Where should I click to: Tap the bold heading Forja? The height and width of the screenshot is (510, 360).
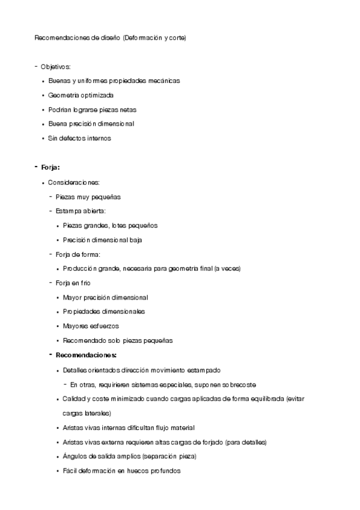(x=50, y=167)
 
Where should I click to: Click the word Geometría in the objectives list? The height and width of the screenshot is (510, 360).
(x=64, y=95)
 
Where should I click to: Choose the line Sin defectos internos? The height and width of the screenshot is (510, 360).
(x=79, y=138)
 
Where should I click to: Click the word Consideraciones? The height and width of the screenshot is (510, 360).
(x=74, y=182)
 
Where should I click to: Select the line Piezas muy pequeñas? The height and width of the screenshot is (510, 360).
(x=88, y=197)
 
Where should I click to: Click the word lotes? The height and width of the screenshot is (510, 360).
(x=120, y=226)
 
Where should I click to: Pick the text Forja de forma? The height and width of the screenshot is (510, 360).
(x=78, y=254)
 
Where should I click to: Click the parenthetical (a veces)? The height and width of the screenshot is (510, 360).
(x=228, y=269)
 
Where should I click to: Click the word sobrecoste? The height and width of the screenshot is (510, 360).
(x=240, y=384)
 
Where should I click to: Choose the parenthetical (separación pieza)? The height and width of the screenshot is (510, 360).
(x=168, y=456)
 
